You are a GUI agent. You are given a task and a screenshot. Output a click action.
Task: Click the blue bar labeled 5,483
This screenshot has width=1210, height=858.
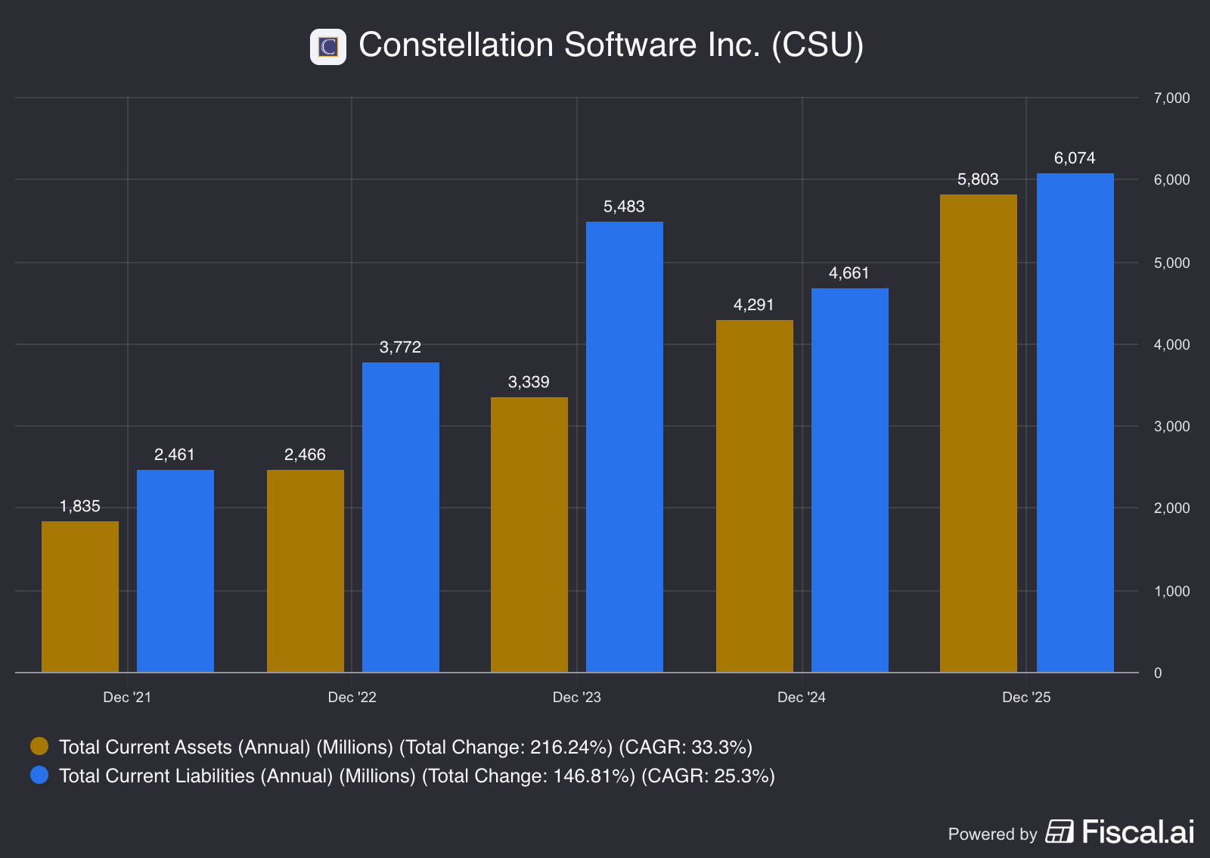625,447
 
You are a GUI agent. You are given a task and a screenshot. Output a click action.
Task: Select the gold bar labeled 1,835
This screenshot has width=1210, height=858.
80,597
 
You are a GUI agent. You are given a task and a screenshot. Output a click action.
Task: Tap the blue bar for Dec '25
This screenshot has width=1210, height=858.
1075,423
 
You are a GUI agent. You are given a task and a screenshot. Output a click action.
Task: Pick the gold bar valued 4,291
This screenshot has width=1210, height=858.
755,496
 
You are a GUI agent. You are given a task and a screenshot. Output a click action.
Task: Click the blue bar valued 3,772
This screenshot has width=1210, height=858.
401,518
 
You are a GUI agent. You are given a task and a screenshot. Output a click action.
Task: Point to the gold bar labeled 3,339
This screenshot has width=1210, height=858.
529,535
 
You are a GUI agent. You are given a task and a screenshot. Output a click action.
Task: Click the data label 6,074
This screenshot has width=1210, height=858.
1075,158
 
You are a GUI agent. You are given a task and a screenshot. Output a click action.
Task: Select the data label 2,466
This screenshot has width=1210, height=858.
306,455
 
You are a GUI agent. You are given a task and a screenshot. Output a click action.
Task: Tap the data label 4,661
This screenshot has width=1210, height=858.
849,273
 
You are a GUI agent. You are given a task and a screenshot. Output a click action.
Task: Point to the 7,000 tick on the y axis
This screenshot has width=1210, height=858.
1171,98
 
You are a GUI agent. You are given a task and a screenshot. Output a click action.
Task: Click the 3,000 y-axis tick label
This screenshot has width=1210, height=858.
1171,426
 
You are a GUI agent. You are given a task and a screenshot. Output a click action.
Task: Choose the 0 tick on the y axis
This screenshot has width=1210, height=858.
1158,673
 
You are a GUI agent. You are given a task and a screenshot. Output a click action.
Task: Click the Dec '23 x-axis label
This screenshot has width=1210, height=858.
577,697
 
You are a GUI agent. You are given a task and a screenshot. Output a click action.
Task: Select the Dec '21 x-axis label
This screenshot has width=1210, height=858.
128,697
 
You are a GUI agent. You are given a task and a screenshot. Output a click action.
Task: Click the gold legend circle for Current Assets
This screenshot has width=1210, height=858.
39,746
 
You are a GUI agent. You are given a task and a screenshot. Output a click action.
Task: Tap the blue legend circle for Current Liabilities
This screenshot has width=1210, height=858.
39,775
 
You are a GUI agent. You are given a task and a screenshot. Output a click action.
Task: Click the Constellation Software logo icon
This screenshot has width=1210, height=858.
328,47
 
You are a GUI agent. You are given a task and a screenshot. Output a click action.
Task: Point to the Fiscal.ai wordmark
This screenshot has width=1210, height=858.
1138,832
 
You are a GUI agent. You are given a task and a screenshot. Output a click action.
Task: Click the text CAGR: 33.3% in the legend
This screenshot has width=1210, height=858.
685,747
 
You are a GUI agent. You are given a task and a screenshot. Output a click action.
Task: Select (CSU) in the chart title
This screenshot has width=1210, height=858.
818,45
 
